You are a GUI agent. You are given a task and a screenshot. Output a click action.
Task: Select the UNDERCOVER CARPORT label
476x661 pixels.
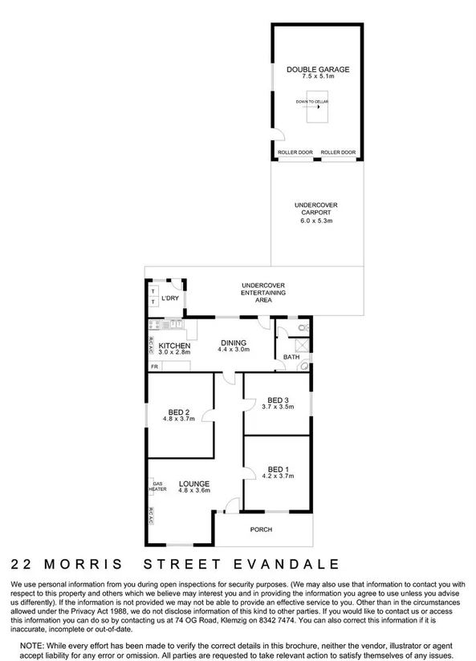pyautogui.click(x=315, y=210)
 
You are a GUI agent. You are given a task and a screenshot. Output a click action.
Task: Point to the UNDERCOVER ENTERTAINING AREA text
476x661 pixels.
pyautogui.click(x=263, y=292)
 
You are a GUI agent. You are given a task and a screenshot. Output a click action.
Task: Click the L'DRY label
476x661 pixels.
pyautogui.click(x=169, y=298)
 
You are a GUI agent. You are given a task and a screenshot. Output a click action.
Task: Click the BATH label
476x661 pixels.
pyautogui.click(x=290, y=357)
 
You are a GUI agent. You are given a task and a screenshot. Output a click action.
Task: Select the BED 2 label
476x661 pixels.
pyautogui.click(x=178, y=410)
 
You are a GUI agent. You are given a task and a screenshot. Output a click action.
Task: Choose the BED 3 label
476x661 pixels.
pyautogui.click(x=278, y=399)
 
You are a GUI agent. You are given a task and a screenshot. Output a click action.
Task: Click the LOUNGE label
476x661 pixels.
pyautogui.click(x=193, y=484)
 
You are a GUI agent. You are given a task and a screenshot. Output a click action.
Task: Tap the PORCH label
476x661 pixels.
pyautogui.click(x=261, y=529)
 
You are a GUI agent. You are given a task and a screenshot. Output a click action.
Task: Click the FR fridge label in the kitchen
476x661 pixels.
pyautogui.click(x=153, y=367)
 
